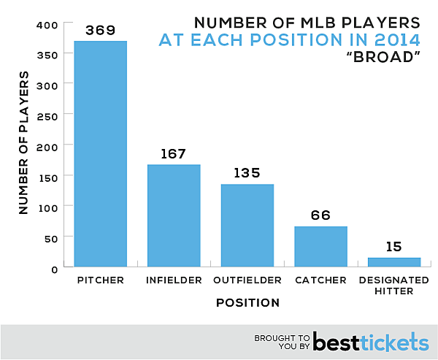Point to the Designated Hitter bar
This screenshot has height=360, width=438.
click(394, 261)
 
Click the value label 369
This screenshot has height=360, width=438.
click(100, 31)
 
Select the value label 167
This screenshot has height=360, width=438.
click(174, 154)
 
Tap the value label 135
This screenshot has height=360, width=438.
click(247, 174)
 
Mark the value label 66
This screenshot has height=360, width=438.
click(320, 215)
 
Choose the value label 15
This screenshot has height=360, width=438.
click(394, 247)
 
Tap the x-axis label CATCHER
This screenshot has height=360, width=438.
click(320, 280)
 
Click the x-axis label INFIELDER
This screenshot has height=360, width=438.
click(174, 280)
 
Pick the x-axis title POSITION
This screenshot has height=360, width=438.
click(247, 302)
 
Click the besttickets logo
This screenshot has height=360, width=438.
click(370, 342)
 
